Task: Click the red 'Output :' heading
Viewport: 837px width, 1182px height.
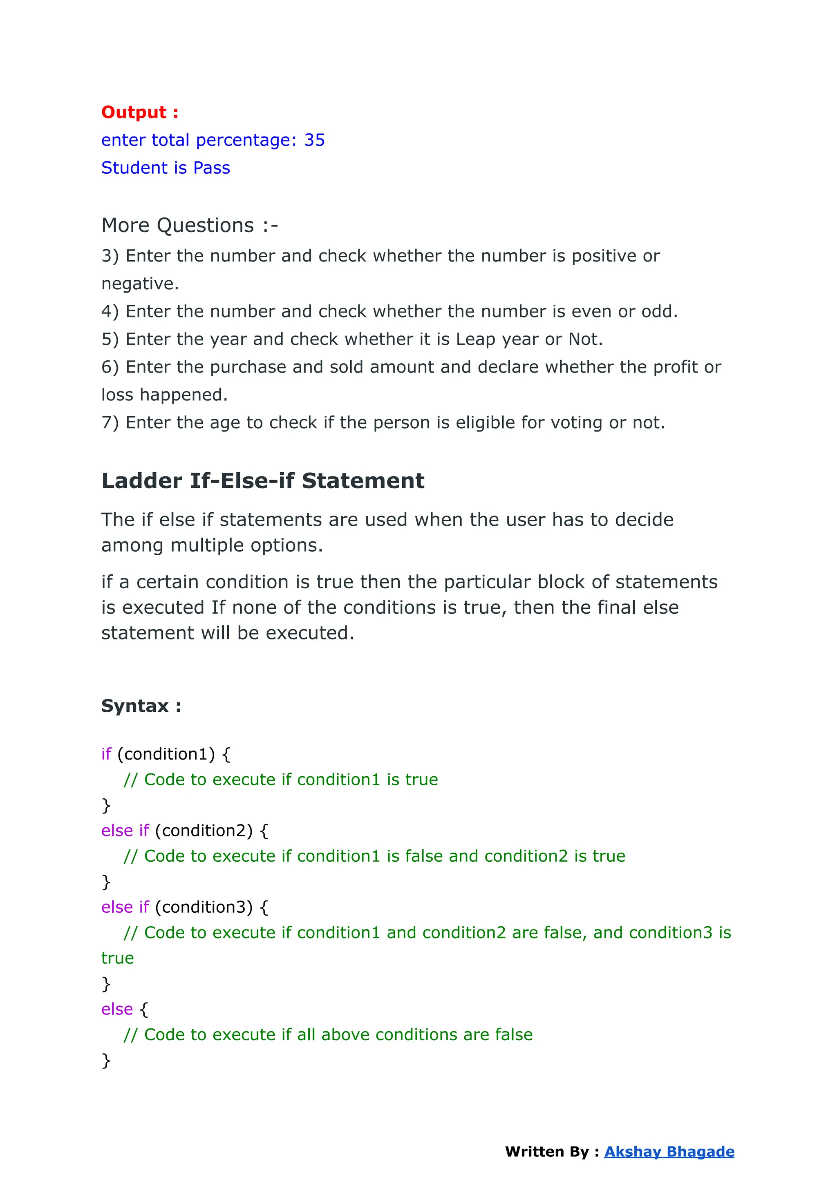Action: click(140, 112)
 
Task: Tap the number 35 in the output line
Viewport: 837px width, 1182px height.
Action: click(314, 140)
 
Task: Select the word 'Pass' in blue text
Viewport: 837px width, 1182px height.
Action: click(211, 168)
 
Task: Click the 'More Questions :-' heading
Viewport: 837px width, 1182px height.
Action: click(189, 226)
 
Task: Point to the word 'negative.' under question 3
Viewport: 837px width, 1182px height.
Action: click(140, 284)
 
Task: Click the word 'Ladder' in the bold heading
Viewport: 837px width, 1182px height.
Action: click(142, 481)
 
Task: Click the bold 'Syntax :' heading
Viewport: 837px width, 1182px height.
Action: click(141, 706)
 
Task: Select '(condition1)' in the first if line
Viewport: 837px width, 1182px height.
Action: click(166, 754)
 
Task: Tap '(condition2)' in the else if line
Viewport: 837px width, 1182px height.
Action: click(204, 831)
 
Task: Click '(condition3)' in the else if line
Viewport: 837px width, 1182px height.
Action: click(204, 907)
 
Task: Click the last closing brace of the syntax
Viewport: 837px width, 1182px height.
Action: click(106, 1060)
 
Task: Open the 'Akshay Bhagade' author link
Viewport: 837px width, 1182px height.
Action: click(669, 1152)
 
